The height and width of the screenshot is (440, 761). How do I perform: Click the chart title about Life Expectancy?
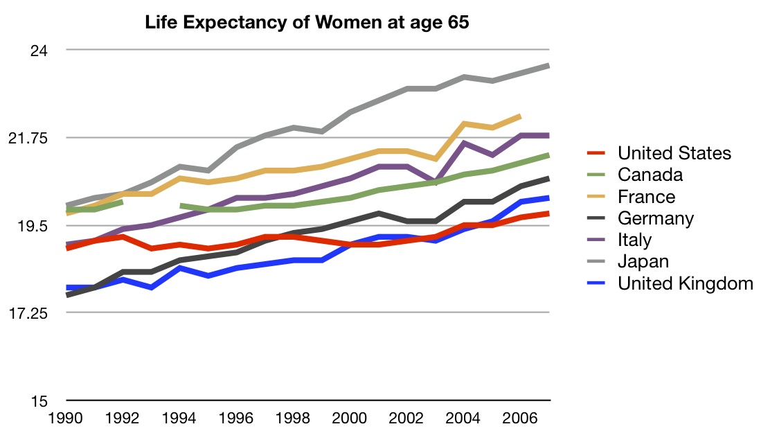[x=307, y=23]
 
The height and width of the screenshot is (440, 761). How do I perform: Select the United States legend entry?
[x=674, y=153]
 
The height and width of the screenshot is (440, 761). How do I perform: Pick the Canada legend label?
[x=650, y=175]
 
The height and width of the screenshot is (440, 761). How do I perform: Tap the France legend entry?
[x=646, y=197]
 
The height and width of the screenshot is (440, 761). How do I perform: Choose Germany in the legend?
[x=655, y=218]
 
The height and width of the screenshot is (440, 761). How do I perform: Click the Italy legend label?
[x=634, y=240]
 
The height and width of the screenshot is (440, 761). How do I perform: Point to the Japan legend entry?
[x=643, y=261]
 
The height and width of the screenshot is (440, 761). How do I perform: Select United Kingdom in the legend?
[x=685, y=283]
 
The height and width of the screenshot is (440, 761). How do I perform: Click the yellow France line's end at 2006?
[x=520, y=116]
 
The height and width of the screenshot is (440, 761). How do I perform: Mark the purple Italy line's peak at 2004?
[x=464, y=143]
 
